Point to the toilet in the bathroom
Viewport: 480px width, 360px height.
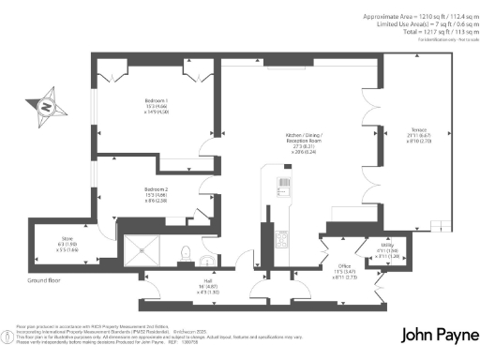coord(186,251)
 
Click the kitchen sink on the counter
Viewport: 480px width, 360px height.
coord(282,184)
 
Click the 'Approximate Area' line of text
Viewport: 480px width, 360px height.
coord(412,17)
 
